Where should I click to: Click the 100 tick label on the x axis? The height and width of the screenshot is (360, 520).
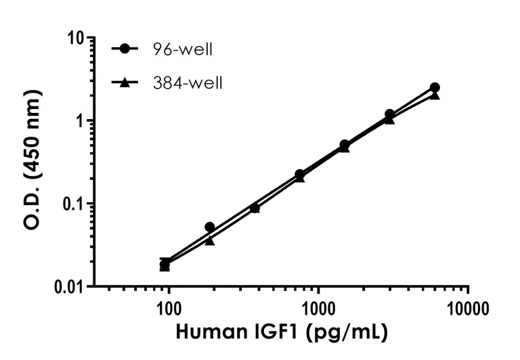pyautogui.click(x=168, y=311)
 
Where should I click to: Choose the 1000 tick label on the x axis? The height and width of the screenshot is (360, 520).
pyautogui.click(x=318, y=311)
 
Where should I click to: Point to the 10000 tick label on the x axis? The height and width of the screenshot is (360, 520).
pyautogui.click(x=468, y=311)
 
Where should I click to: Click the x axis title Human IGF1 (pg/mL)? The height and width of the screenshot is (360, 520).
pyautogui.click(x=282, y=334)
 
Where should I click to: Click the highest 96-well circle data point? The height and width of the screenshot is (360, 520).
pyautogui.click(x=435, y=88)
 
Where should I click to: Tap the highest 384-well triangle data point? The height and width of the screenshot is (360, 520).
pyautogui.click(x=435, y=95)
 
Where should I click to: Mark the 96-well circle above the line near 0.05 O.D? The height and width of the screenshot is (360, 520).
pyautogui.click(x=210, y=227)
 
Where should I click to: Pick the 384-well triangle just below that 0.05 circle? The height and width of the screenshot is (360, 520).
pyautogui.click(x=210, y=240)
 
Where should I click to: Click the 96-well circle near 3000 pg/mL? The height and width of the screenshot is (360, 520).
pyautogui.click(x=390, y=114)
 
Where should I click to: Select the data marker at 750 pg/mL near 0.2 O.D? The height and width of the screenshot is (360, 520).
pyautogui.click(x=300, y=175)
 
